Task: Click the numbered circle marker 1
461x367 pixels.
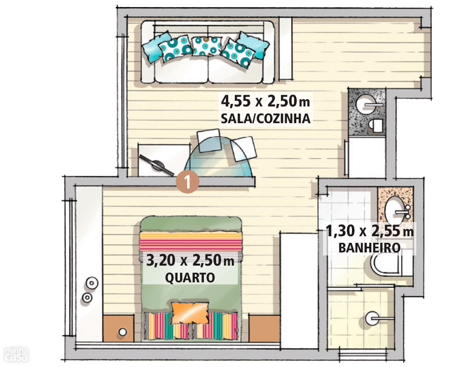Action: pos(188,182)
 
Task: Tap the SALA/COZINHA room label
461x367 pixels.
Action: pos(265,119)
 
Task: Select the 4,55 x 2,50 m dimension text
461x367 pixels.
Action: pos(265,101)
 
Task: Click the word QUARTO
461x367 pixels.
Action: pos(190,278)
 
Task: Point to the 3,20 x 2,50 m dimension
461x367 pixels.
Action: pos(190,261)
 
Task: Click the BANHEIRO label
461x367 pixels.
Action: pos(369,248)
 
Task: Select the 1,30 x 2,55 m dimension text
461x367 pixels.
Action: pos(370,231)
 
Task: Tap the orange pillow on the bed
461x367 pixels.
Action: pos(190,313)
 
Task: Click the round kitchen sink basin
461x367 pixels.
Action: pos(365,104)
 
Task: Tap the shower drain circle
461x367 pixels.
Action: pos(372,318)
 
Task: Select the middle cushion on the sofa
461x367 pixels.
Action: pos(206,47)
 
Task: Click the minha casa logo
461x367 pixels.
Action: pos(16,354)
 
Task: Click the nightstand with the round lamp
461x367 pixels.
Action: pos(118,328)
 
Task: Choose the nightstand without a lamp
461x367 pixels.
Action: pos(264,328)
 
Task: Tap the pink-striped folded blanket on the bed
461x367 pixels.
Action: pos(191,241)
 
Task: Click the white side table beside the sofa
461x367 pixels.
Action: pos(285,49)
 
